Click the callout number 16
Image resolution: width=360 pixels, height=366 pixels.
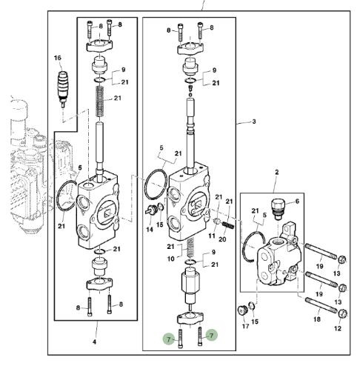click(57, 58)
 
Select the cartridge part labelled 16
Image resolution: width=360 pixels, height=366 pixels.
click(63, 88)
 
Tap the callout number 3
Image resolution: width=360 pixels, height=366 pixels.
click(254, 122)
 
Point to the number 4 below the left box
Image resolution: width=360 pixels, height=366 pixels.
click(94, 342)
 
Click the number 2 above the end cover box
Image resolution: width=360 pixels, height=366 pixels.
click(277, 172)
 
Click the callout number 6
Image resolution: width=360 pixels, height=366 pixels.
click(297, 202)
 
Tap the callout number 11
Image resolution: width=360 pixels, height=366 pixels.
click(212, 236)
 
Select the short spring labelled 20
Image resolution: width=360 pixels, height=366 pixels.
click(227, 225)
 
